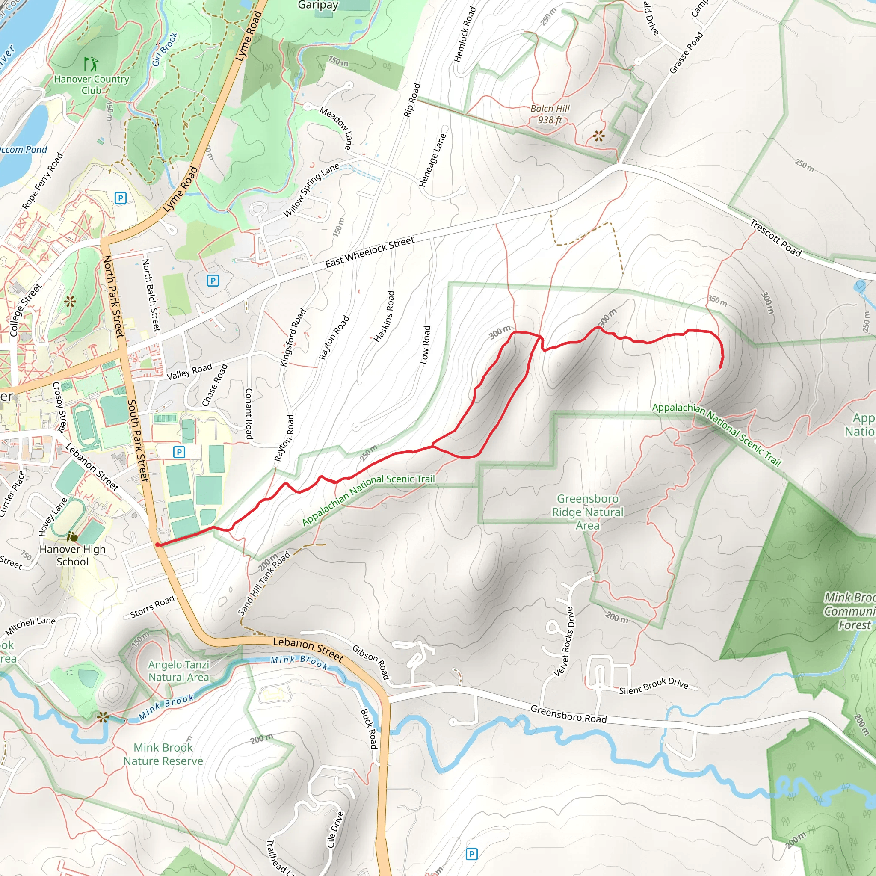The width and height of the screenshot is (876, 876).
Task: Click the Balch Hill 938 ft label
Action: (550, 114)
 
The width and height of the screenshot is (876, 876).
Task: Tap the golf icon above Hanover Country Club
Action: (91, 64)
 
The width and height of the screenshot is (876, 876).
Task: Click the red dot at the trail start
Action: (157, 545)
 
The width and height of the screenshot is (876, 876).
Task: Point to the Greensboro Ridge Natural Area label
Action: (588, 512)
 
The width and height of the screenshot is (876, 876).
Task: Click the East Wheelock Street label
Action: (370, 252)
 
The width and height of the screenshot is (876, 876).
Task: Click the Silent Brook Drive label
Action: (654, 686)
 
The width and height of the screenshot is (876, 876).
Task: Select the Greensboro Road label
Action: (568, 714)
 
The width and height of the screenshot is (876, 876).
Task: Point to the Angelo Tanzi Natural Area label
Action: (179, 671)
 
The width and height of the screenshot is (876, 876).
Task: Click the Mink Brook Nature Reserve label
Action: (163, 754)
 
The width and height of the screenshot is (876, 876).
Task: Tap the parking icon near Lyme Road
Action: (120, 198)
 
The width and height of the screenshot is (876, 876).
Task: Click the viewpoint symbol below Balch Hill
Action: (598, 135)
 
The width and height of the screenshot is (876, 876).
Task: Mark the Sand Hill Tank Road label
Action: (264, 583)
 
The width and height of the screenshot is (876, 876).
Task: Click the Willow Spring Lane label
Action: (311, 190)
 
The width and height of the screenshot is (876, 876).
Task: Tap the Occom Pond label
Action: (23, 150)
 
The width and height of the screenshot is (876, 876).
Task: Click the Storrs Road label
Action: (152, 607)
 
